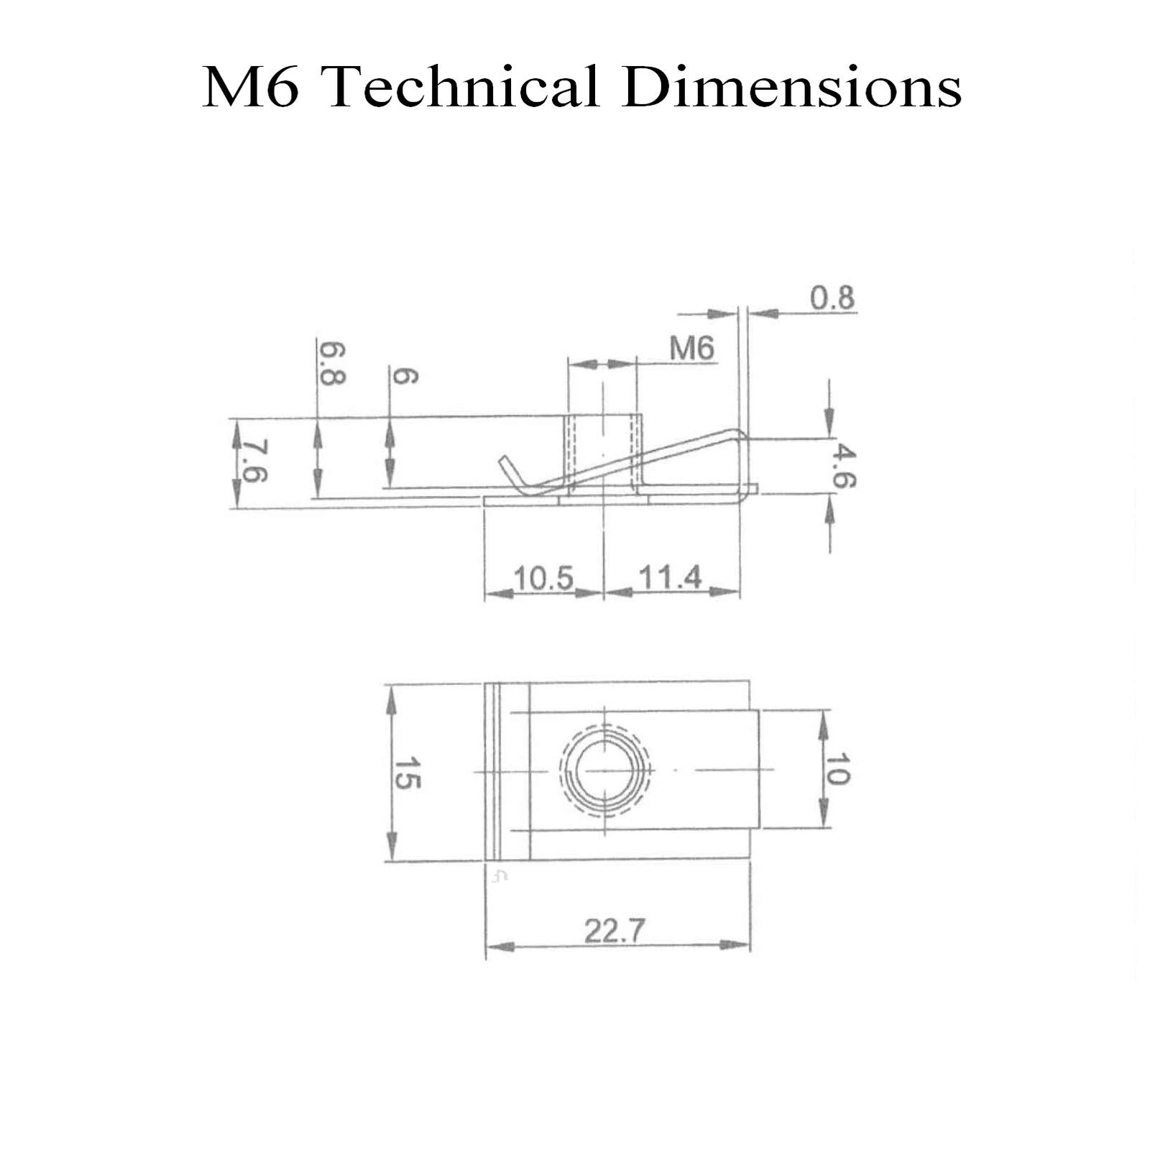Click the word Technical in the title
pyautogui.click(x=464, y=86)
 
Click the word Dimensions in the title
pyautogui.click(x=792, y=86)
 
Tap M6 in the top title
pyautogui.click(x=251, y=87)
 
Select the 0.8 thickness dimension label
pyautogui.click(x=832, y=298)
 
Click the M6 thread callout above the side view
pyautogui.click(x=692, y=349)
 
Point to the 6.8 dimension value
pyautogui.click(x=332, y=364)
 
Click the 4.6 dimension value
pyautogui.click(x=843, y=466)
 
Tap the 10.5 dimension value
pyautogui.click(x=543, y=578)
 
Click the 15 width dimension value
pyautogui.click(x=407, y=773)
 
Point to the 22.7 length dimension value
pyautogui.click(x=615, y=931)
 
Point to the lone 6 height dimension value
pyautogui.click(x=404, y=375)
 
